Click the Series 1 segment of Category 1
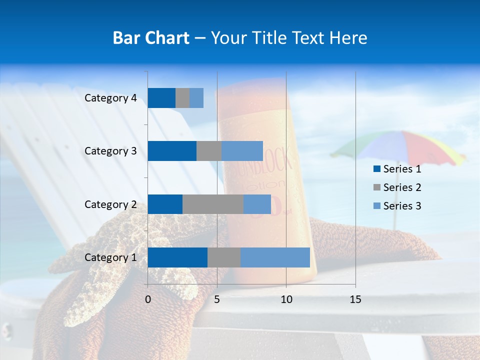click(177, 257)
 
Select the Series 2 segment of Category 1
click(224, 257)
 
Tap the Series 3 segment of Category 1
click(275, 257)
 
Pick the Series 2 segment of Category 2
click(213, 204)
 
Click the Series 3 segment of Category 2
click(257, 204)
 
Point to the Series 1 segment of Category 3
click(172, 151)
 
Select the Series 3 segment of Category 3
click(242, 151)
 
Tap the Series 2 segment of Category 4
click(182, 98)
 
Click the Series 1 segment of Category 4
click(161, 98)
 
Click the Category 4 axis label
click(110, 98)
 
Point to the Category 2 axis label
click(110, 204)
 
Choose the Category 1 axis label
click(110, 257)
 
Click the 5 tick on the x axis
click(217, 299)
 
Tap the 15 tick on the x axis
click(355, 299)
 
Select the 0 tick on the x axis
click(148, 299)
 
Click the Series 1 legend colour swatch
click(376, 169)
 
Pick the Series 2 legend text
click(402, 187)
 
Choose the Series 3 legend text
click(402, 206)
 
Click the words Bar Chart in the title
click(151, 38)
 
